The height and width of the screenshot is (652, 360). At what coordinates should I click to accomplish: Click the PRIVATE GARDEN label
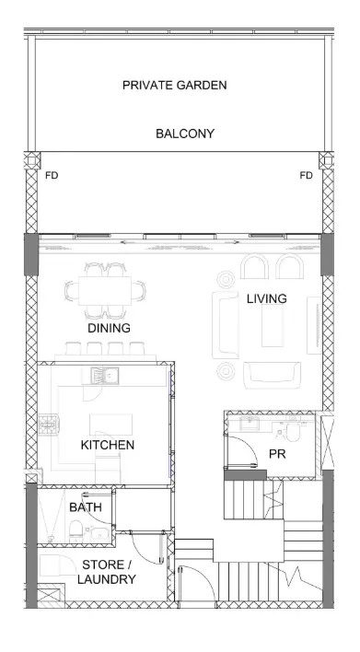point(175,86)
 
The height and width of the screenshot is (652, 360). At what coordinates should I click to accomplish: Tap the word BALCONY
point(185,134)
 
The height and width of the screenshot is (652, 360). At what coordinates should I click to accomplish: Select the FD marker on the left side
point(52,176)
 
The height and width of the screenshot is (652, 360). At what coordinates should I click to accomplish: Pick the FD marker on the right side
point(306,176)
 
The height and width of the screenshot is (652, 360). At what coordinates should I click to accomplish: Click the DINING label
point(109,328)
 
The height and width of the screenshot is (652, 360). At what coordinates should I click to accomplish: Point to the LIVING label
point(266,298)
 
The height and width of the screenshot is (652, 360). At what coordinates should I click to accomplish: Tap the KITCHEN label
point(108,445)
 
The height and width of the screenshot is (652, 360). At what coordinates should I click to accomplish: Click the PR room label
point(277,454)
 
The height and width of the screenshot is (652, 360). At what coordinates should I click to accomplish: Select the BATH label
point(86,507)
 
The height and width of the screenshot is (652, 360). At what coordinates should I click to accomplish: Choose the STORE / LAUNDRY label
point(107,572)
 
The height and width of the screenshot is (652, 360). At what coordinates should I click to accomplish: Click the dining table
point(105,291)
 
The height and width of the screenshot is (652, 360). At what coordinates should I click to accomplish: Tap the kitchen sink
point(105,376)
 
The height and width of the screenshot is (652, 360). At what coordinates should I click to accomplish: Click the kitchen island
point(111,425)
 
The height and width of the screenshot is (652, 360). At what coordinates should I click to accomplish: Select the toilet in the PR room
point(293,433)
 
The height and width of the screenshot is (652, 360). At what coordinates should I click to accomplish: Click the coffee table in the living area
point(273,326)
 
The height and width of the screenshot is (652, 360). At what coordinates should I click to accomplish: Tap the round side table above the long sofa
point(226,279)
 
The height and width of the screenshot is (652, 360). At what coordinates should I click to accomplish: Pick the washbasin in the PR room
point(250,424)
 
